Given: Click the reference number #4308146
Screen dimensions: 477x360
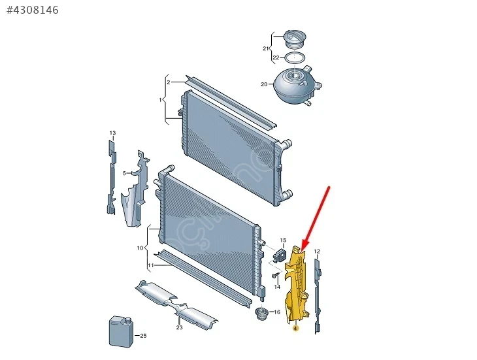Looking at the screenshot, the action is click(33, 10).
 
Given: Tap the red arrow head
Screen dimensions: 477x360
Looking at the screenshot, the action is click(304, 246).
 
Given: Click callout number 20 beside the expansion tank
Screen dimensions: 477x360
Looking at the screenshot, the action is click(264, 84).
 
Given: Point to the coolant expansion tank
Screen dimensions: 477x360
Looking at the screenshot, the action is click(297, 84).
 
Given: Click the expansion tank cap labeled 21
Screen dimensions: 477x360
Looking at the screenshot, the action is click(294, 39).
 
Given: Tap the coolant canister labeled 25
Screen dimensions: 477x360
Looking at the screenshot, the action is click(122, 331).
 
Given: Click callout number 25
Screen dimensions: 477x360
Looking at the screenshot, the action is click(143, 336).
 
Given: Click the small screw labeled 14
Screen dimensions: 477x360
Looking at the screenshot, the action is click(276, 276).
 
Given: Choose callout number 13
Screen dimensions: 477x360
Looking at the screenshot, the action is click(112, 133).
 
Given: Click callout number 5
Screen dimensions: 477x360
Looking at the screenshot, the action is click(124, 173).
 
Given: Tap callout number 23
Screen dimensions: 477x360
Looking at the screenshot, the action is click(179, 327).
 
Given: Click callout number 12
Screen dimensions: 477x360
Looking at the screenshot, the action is click(317, 252).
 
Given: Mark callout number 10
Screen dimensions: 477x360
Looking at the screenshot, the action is click(140, 248).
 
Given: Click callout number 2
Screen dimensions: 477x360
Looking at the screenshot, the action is click(169, 82).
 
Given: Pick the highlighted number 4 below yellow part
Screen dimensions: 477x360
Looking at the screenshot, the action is click(295, 329).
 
